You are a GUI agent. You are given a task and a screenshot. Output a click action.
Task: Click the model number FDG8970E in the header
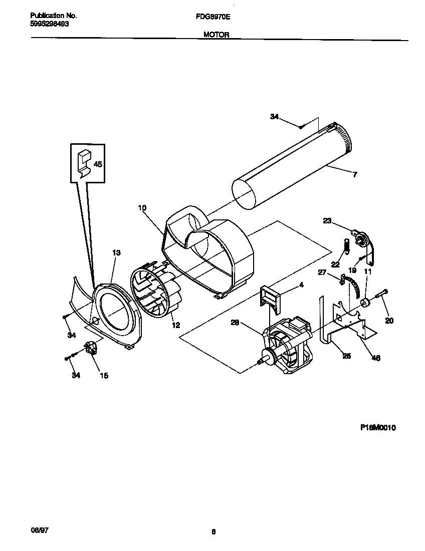(212, 16)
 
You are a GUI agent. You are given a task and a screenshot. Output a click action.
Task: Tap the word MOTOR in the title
(216, 35)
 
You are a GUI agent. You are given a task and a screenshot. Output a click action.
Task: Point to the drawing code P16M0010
(378, 427)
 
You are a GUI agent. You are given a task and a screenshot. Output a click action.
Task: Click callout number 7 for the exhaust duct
(355, 175)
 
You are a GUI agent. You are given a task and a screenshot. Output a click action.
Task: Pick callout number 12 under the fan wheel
(175, 325)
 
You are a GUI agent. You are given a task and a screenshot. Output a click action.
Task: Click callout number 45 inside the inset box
(98, 164)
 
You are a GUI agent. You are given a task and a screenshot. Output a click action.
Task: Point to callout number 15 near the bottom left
(104, 375)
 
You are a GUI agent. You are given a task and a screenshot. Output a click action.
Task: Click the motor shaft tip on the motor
(261, 360)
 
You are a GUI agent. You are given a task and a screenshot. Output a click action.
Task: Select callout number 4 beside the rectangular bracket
(301, 285)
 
